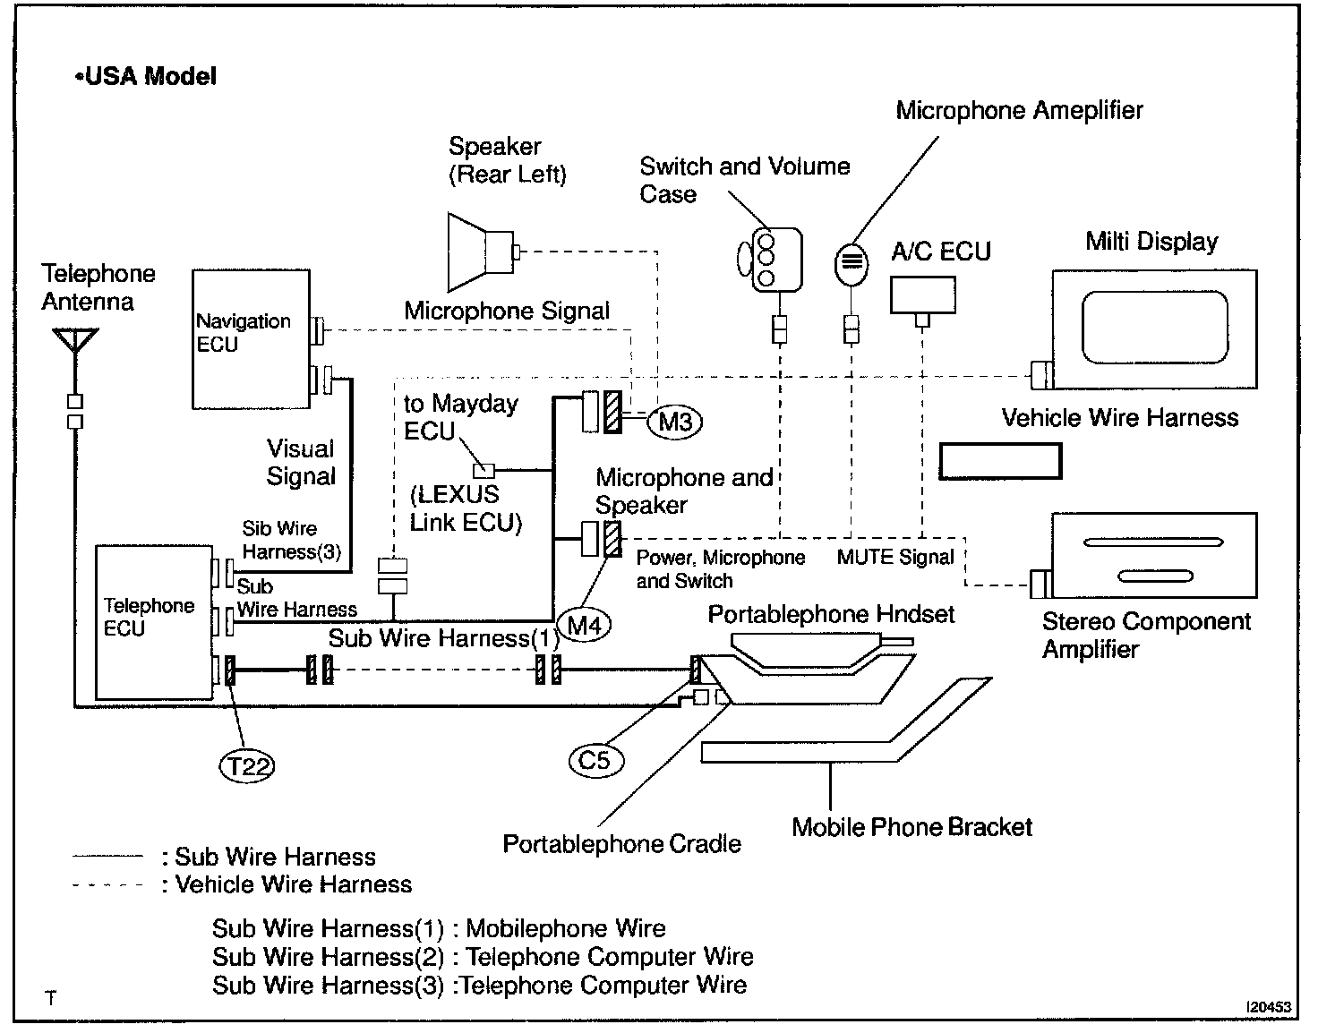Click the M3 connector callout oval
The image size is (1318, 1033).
pyautogui.click(x=675, y=422)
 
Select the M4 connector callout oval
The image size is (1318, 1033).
pyautogui.click(x=584, y=625)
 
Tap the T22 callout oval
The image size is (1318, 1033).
pyautogui.click(x=247, y=766)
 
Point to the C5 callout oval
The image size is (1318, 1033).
pyautogui.click(x=596, y=761)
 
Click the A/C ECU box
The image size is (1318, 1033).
pyautogui.click(x=922, y=295)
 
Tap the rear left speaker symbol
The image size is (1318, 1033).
pyautogui.click(x=484, y=252)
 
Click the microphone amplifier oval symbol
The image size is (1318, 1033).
pyautogui.click(x=852, y=264)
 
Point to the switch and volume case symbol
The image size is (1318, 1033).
pyautogui.click(x=770, y=260)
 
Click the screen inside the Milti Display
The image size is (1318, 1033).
pyautogui.click(x=1155, y=328)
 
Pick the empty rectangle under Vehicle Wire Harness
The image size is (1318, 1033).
pyautogui.click(x=1001, y=461)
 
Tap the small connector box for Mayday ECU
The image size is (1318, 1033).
pyautogui.click(x=484, y=471)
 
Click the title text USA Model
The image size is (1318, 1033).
pyautogui.click(x=146, y=76)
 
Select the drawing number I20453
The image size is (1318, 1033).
pyautogui.click(x=1268, y=1007)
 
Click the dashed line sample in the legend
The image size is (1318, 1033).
pyautogui.click(x=107, y=885)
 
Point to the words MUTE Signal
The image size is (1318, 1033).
pyautogui.click(x=895, y=557)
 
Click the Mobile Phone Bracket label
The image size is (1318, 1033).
pyautogui.click(x=911, y=827)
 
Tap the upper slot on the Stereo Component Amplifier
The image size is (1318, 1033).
pyautogui.click(x=1153, y=542)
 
